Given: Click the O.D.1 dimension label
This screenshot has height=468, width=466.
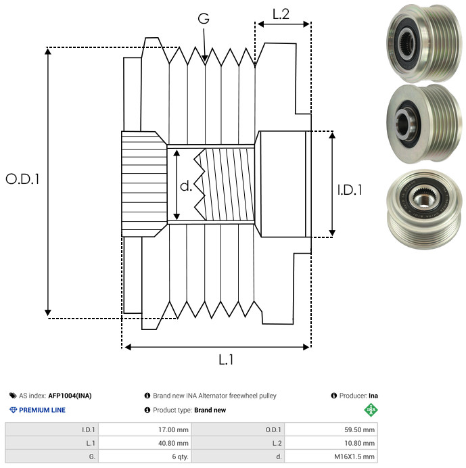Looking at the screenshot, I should pyautogui.click(x=23, y=179).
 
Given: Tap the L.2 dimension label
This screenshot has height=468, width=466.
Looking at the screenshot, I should pyautogui.click(x=281, y=14).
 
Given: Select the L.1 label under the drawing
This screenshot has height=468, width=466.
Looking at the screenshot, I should pyautogui.click(x=226, y=360).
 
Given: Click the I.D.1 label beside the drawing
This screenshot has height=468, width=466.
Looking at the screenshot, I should pyautogui.click(x=350, y=191).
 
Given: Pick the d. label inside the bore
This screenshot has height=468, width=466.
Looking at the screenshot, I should pyautogui.click(x=187, y=185).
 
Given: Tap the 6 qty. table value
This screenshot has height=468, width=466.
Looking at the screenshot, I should pyautogui.click(x=179, y=457).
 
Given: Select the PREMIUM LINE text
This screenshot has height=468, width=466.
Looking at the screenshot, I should pyautogui.click(x=42, y=410).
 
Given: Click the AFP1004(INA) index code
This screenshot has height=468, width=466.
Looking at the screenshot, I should pyautogui.click(x=70, y=396).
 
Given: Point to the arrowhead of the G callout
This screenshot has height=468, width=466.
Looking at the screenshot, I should pyautogui.click(x=204, y=60).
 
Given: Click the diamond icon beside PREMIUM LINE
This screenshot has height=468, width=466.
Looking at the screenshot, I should pyautogui.click(x=13, y=410).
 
